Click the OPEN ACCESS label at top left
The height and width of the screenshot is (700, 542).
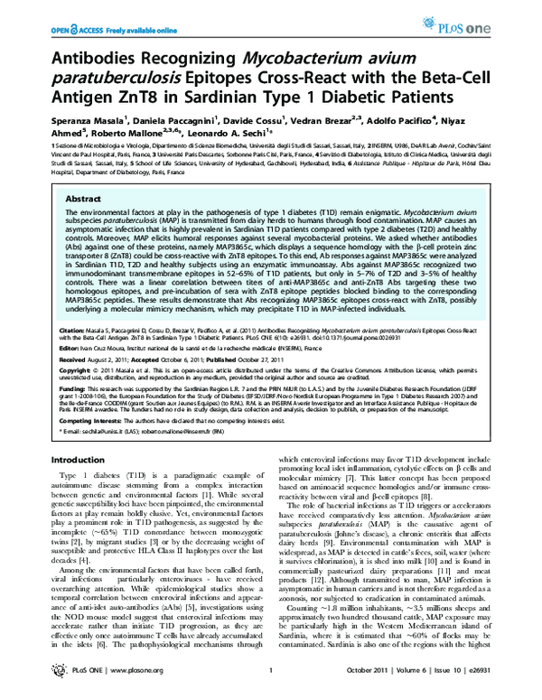point(48,11)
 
